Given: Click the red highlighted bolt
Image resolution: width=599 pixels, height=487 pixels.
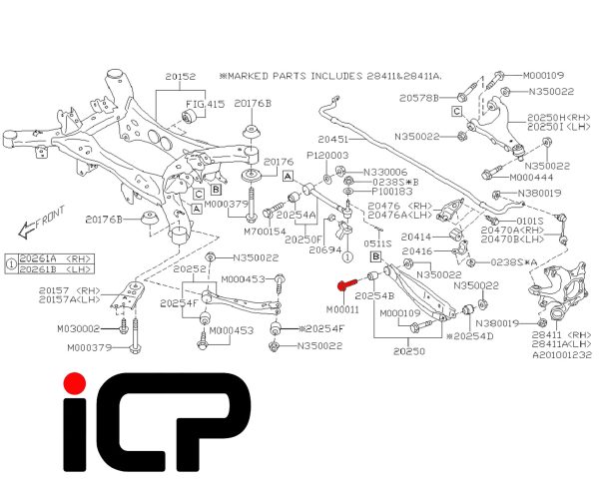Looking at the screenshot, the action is pos(346,284).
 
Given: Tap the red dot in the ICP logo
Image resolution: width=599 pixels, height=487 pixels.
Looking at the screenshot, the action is pos(75,383).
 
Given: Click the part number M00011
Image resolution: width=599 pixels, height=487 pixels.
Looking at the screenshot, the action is pos(342,309).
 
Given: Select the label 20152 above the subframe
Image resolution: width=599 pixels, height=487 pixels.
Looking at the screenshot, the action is pos(181,77).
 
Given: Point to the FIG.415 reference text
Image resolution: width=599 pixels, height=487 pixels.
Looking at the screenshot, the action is pos(205,104).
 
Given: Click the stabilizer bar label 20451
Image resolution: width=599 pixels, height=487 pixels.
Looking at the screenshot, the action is pos(333,140).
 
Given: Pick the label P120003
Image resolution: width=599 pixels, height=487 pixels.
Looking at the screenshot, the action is pos(327,155).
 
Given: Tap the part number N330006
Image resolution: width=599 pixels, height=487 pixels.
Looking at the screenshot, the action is pos(385,173).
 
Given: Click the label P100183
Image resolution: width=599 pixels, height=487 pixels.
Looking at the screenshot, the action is pos(392,191).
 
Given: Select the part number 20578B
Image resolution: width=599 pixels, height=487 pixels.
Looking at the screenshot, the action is pos(419,98).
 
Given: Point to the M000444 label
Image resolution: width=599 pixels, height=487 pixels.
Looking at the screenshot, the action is pos(531,178).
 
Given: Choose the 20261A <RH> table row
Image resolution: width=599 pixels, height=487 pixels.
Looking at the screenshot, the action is pos(56,259).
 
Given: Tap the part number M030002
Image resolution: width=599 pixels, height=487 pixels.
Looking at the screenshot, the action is pos(78,328).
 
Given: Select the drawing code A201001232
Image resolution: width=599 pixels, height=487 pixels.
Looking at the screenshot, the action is pos(562,355).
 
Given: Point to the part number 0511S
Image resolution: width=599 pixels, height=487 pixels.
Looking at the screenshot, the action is pos(377,243).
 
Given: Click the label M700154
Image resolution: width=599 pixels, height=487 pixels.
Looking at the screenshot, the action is pos(265,232).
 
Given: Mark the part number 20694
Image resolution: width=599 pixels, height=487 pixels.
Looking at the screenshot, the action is pos(325,249).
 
